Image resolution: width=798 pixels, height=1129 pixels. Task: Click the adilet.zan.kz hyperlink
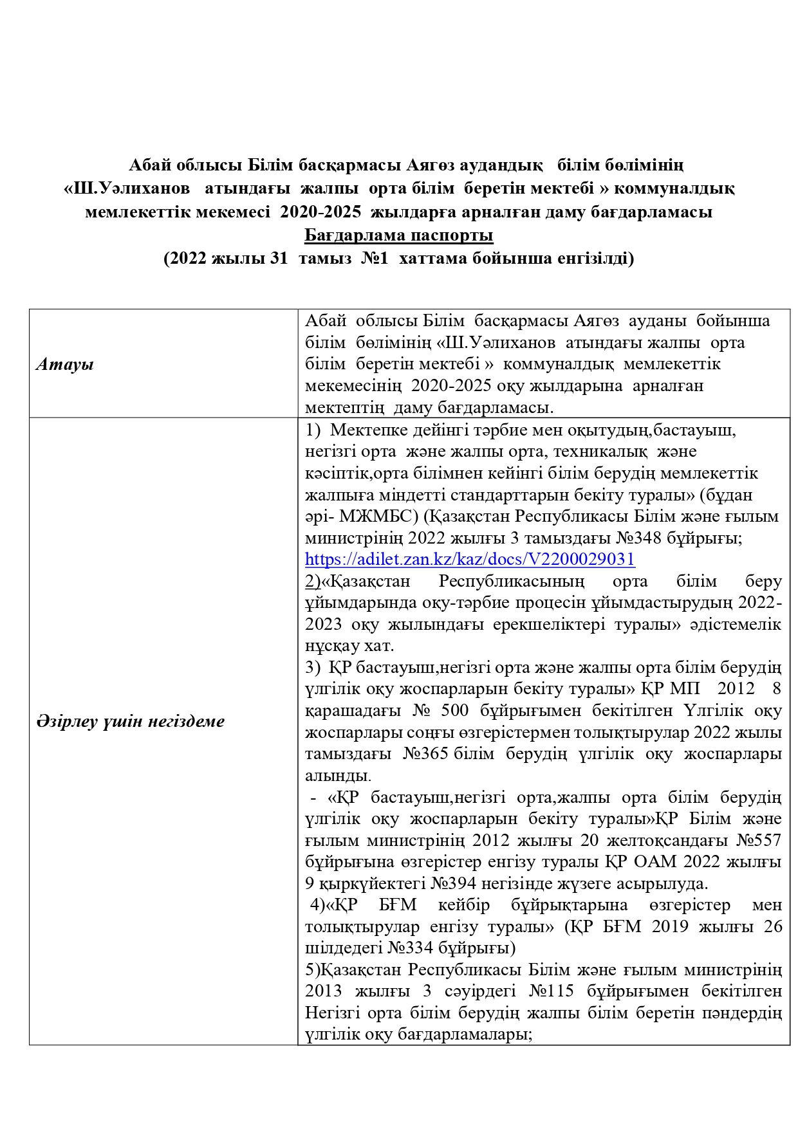(x=470, y=559)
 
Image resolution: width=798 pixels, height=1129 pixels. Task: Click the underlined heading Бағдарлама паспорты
(x=399, y=235)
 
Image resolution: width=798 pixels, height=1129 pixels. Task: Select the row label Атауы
(x=65, y=365)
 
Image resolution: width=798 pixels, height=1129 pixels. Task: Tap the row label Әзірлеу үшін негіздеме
(x=131, y=721)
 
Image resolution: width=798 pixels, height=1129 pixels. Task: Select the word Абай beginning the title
(x=148, y=165)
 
